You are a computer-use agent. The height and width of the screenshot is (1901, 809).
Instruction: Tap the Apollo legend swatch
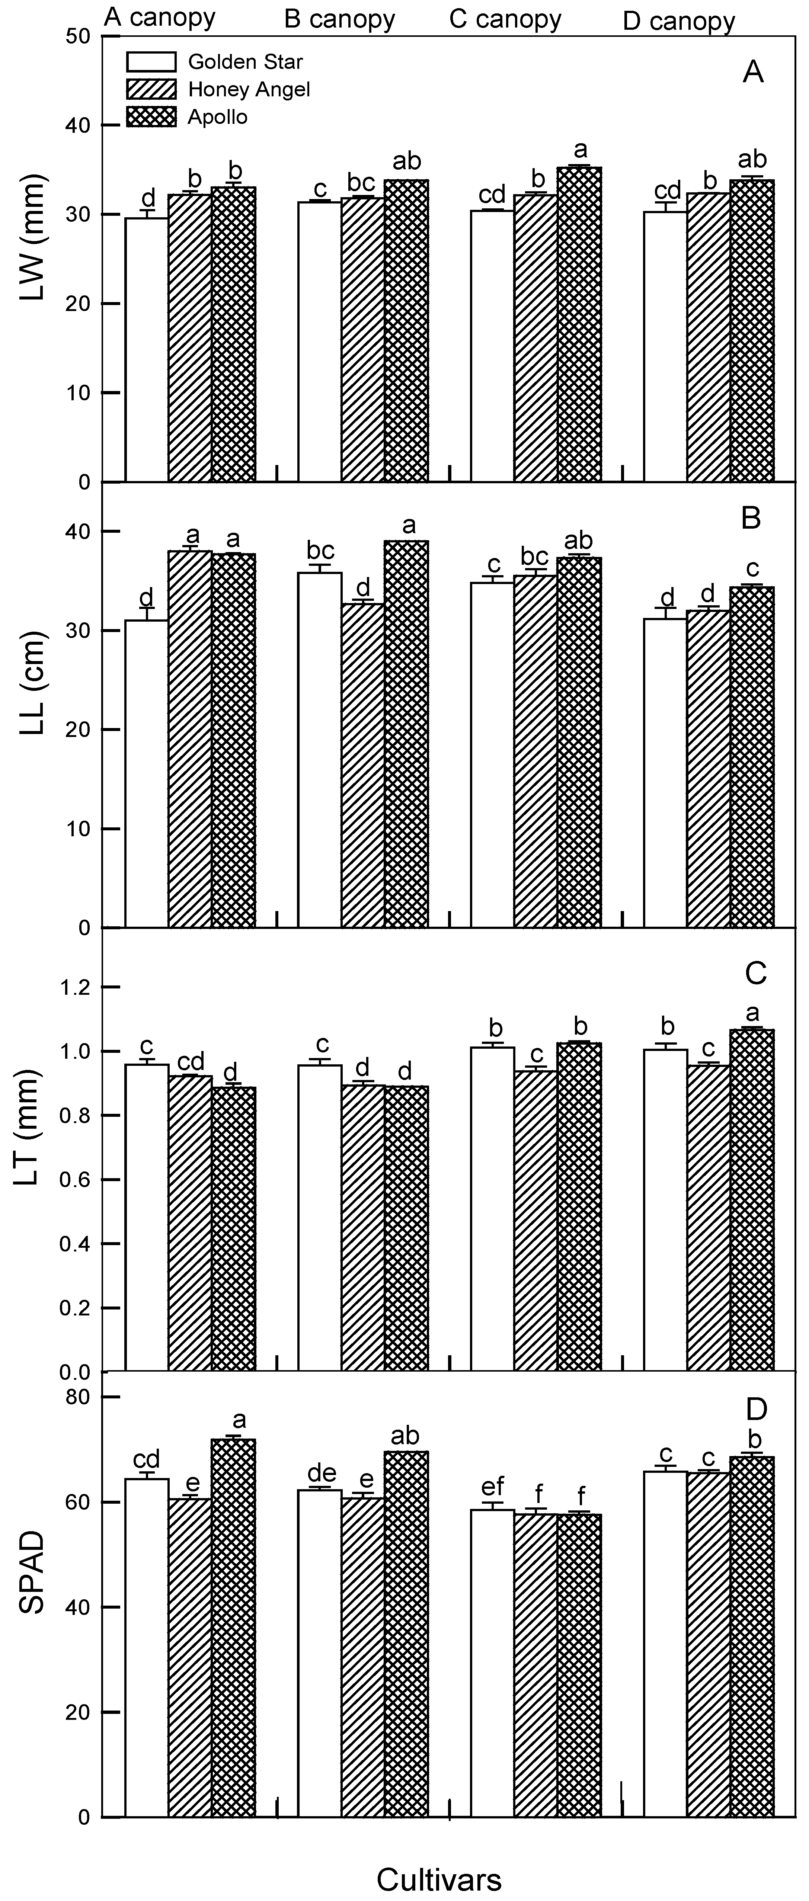151,116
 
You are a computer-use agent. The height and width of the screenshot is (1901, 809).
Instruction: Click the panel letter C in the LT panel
756,974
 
